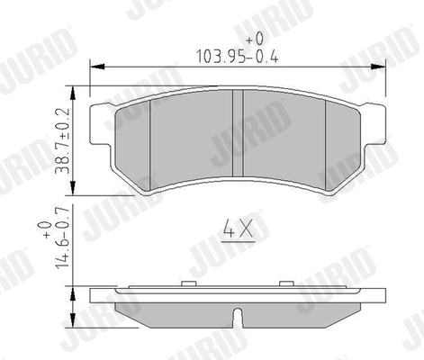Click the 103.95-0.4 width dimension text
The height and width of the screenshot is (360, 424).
(233, 56)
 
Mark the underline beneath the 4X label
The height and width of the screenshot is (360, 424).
(235, 243)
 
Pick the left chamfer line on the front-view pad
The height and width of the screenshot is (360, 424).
(149, 144)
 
